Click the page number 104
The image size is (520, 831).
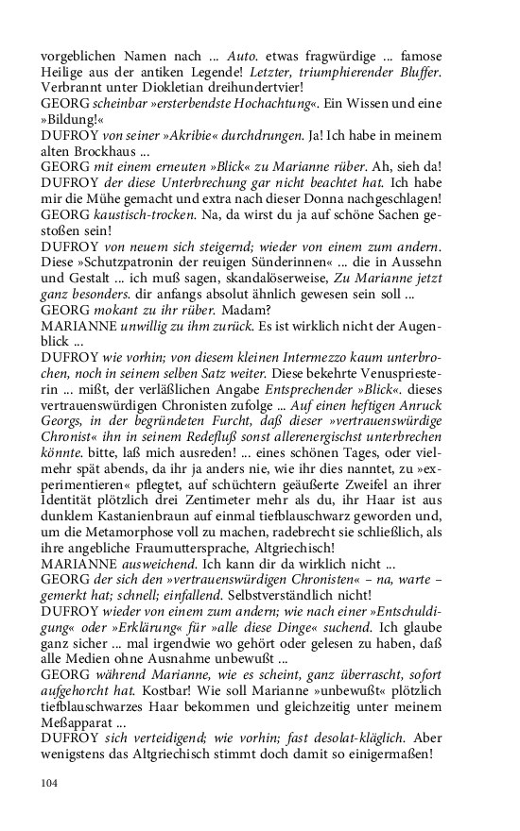tap(51, 782)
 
